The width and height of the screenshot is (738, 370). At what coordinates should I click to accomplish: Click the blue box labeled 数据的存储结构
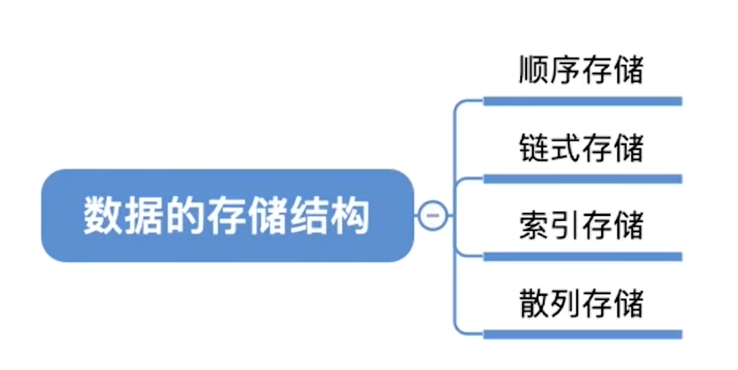pos(227,215)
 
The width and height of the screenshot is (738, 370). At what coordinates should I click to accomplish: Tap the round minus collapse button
pos(433,216)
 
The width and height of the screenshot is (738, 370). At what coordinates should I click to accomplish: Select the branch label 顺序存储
pos(580,70)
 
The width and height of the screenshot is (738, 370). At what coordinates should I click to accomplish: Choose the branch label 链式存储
pos(580,147)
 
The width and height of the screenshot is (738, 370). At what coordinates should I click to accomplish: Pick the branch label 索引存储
pos(580,225)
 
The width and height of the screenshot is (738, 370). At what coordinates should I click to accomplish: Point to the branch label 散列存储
pos(580,302)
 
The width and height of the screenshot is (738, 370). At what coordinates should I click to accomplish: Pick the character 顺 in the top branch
pos(533,70)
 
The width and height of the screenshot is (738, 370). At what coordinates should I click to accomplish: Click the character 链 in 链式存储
pos(533,147)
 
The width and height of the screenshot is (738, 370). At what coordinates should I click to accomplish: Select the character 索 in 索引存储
pos(533,225)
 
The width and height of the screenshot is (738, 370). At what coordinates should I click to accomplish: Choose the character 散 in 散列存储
pos(533,302)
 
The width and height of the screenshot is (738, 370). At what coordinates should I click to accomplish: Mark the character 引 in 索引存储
pos(565,225)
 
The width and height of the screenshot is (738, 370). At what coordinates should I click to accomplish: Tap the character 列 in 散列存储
pos(565,302)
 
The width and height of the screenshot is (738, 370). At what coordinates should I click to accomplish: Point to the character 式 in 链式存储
pos(565,147)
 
